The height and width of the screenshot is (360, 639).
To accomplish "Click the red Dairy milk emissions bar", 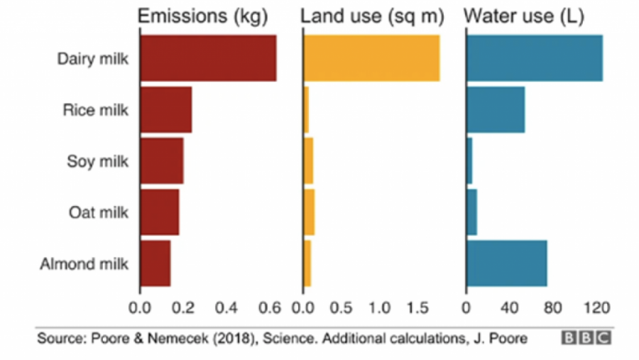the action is [208, 58].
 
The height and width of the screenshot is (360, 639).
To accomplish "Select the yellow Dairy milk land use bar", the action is [371, 58].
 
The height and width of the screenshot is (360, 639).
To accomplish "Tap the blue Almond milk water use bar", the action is [507, 263].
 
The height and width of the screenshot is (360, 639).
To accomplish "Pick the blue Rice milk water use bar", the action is [496, 109].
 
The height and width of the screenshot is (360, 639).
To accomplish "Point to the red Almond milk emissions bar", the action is [155, 263].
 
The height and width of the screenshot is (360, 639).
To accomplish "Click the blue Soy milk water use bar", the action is [469, 161].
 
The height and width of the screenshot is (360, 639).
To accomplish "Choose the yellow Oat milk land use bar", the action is [310, 212].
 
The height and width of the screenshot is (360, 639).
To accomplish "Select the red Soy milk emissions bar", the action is [162, 161].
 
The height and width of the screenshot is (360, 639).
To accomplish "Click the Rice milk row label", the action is [95, 110].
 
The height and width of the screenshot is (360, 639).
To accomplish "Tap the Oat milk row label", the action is [98, 212].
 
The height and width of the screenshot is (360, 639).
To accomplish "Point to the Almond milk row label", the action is [84, 263].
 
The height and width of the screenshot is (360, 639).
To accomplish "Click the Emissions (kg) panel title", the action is [202, 16].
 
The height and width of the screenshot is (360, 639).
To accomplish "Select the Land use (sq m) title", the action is [372, 16].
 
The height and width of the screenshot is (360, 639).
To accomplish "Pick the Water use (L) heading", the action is [524, 16].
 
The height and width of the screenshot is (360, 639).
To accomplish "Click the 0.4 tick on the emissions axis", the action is [226, 308].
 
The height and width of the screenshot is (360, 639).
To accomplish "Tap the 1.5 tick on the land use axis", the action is [417, 308].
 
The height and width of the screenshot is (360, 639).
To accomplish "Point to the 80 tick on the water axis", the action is [552, 308].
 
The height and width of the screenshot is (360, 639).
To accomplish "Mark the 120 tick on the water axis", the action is [596, 308].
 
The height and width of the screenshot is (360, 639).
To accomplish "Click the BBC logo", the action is [586, 338].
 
